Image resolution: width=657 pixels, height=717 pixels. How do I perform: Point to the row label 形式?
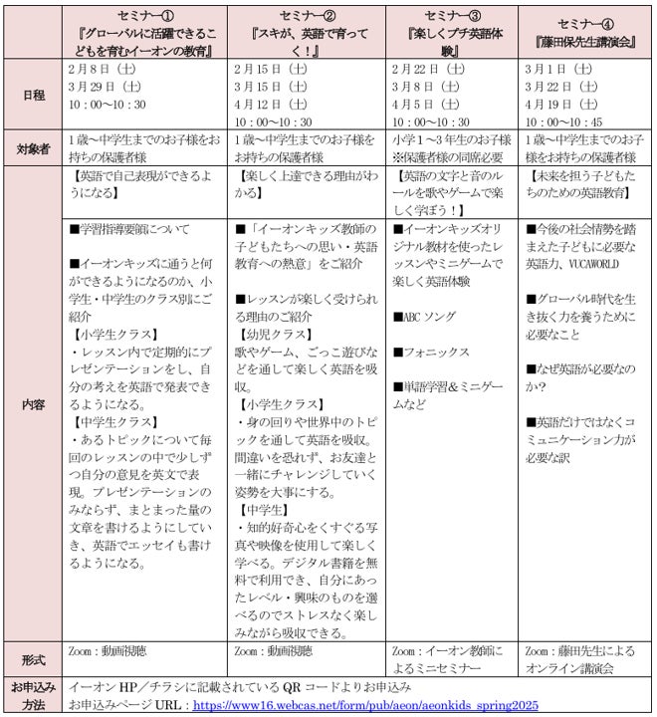point(32,659)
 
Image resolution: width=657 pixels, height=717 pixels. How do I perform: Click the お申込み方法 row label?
point(32,695)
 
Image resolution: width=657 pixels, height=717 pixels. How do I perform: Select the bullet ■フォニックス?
point(432,352)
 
